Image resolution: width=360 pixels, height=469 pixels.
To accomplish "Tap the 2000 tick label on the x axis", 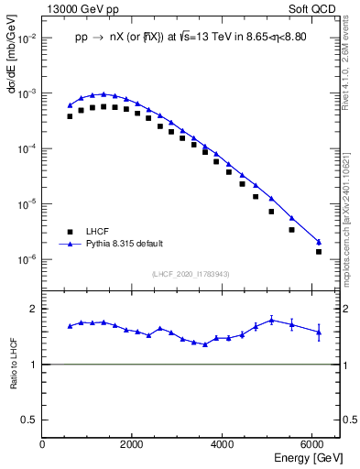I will click(133, 444).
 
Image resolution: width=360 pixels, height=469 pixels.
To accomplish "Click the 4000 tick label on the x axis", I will click(223, 444).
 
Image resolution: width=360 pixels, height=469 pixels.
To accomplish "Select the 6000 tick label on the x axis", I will click(312, 444).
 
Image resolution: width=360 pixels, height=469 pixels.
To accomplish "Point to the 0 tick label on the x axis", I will click(43, 444).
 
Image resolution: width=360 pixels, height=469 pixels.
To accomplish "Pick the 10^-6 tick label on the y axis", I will click(27, 259).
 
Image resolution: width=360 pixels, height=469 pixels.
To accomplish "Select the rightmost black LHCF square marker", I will click(319, 251).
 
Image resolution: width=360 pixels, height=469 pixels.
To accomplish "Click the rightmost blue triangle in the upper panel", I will click(319, 242).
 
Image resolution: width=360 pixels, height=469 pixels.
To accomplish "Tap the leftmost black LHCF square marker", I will click(70, 116).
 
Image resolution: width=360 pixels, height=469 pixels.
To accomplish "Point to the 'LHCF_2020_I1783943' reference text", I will click(191, 274).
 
